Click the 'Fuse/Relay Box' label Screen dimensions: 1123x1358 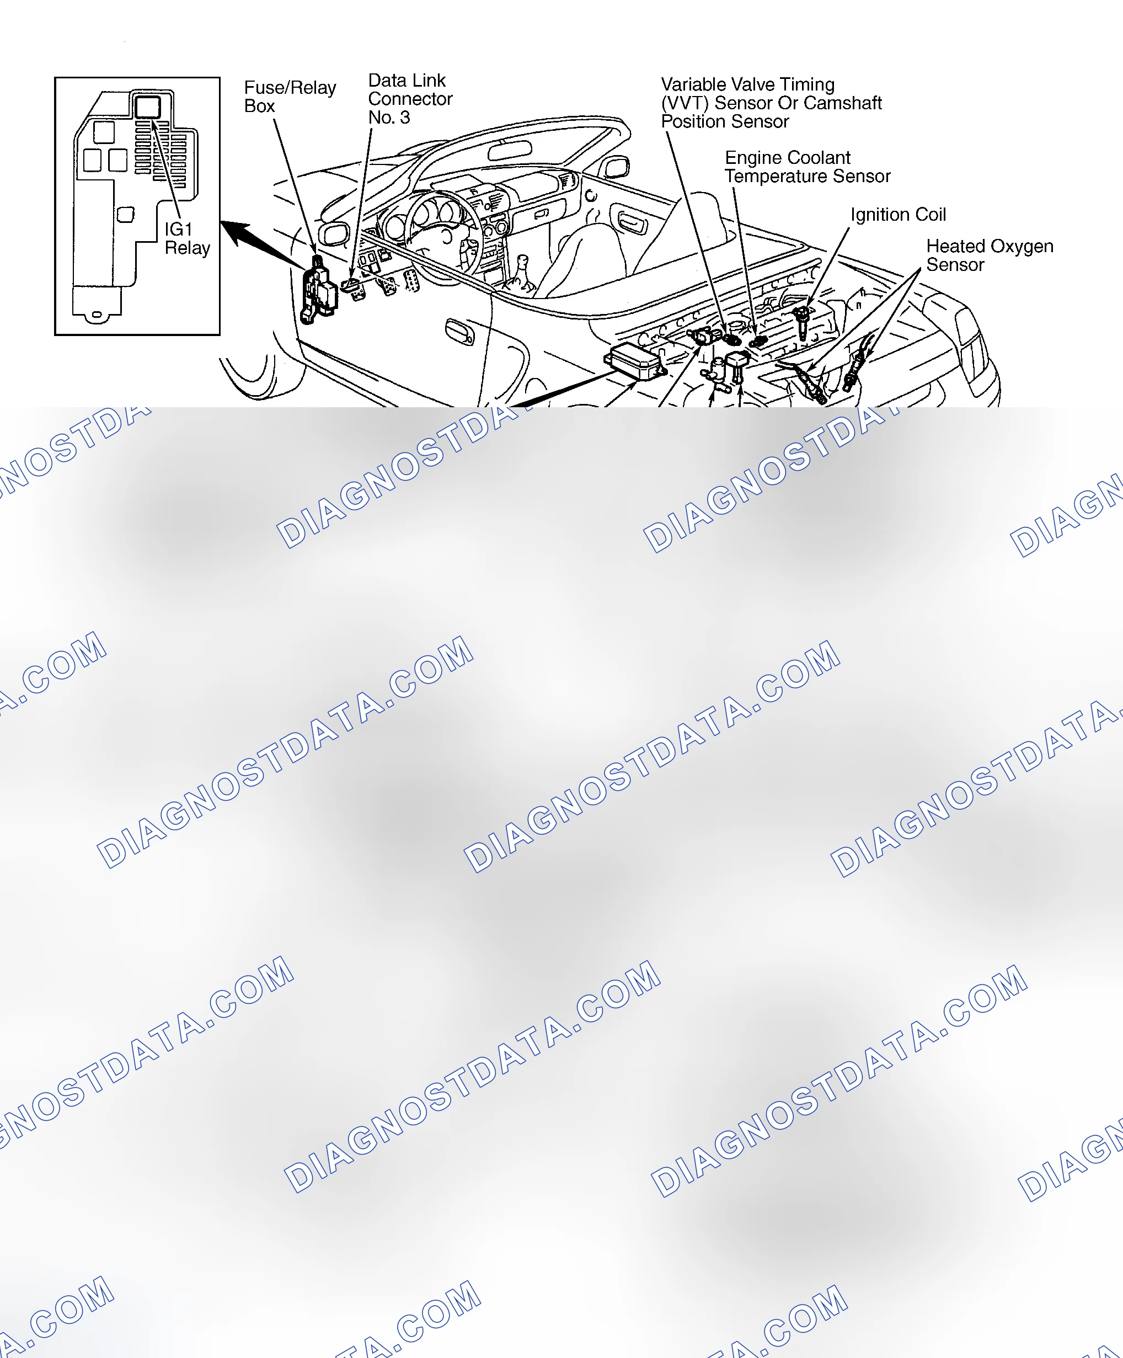click(290, 97)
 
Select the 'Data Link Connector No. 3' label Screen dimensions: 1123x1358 click(410, 99)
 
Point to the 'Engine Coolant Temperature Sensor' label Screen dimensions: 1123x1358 click(807, 167)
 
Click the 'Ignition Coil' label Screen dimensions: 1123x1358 click(897, 215)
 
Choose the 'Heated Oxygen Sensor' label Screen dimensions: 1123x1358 click(989, 255)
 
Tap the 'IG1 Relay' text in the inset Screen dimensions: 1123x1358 click(187, 238)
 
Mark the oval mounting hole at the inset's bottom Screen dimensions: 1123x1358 click(97, 315)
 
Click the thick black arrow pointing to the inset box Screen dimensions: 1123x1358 click(262, 244)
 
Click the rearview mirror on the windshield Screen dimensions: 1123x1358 click(510, 151)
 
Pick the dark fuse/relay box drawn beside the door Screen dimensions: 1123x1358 click(318, 290)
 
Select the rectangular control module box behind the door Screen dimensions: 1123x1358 click(634, 361)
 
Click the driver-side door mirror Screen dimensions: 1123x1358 click(334, 233)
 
